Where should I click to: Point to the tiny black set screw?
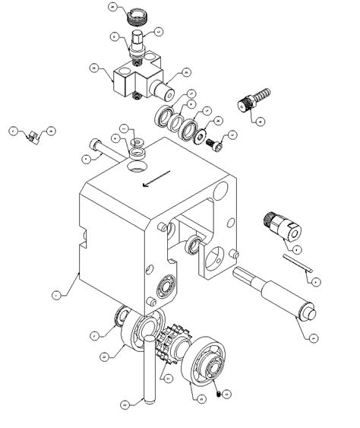[219, 394]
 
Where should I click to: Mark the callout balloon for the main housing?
[55, 293]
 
